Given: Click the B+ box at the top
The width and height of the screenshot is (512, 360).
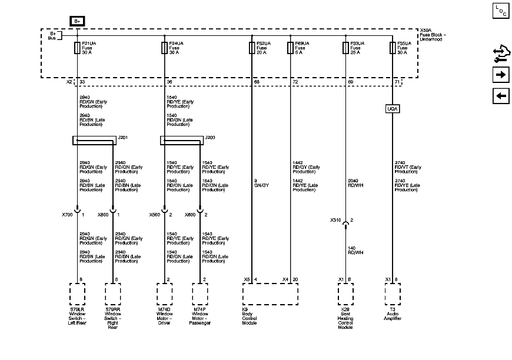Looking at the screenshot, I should click(78, 21).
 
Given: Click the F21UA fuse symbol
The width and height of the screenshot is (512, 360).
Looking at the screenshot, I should click(78, 48).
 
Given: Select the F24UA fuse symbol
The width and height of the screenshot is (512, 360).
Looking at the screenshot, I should click(164, 48).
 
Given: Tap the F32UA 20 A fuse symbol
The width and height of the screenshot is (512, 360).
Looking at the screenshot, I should click(252, 48).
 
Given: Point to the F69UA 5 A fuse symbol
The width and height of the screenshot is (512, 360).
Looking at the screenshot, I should click(290, 48).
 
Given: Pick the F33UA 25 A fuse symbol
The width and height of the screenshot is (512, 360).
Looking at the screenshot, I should click(345, 48).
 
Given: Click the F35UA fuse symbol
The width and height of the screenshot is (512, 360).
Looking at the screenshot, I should click(393, 48).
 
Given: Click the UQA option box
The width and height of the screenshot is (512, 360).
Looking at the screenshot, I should click(393, 108).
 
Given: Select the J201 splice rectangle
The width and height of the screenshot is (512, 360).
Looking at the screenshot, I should click(94, 141).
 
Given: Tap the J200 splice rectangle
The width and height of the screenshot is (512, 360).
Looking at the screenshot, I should click(181, 141).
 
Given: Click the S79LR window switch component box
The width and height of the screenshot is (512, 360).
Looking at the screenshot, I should click(78, 293).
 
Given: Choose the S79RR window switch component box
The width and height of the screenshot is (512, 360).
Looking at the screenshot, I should click(113, 293).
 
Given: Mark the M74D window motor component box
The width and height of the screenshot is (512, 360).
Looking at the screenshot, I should click(164, 293).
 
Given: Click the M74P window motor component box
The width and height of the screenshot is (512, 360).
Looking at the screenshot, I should click(200, 293).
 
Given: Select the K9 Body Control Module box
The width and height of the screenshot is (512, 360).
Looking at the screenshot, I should click(271, 293).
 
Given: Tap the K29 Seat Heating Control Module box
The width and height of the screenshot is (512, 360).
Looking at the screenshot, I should click(345, 293).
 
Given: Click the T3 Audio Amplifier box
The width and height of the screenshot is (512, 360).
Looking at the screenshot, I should click(393, 293).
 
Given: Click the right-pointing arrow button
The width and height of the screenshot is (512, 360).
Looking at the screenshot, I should click(501, 75).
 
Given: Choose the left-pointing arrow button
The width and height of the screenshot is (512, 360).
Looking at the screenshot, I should click(501, 96).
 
